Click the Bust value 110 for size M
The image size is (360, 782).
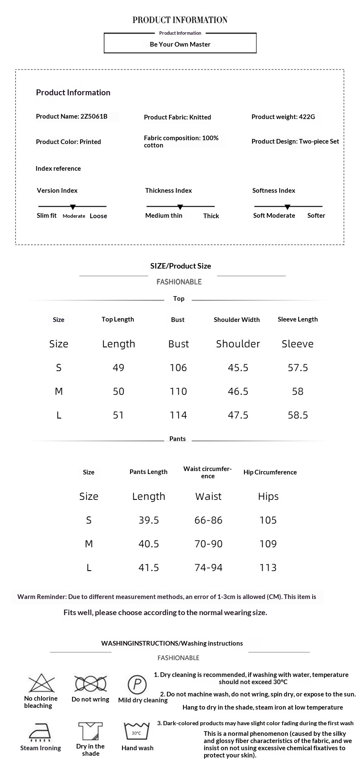coord(178,391)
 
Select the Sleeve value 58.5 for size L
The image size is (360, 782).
coord(298,415)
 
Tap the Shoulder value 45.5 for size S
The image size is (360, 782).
coord(238,368)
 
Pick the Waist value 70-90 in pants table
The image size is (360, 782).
coord(208,544)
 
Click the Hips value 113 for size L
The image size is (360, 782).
coord(268,568)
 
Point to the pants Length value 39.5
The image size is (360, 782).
coord(149,520)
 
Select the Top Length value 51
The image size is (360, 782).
coord(119,415)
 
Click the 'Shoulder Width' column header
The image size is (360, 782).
coord(237,320)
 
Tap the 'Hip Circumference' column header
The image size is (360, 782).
coord(270,472)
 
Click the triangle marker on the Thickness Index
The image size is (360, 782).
coord(180,207)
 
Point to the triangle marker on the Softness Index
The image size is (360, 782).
coord(287,207)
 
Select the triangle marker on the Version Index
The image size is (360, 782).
coord(73,207)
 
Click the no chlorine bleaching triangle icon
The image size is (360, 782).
coord(42,683)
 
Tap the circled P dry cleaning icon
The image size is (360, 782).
coord(137,684)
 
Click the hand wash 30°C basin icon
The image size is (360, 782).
coord(137,732)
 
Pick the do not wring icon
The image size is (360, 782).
coord(90,684)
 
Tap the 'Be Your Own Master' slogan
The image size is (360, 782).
coord(180,44)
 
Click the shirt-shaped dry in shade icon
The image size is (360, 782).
coord(91,731)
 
